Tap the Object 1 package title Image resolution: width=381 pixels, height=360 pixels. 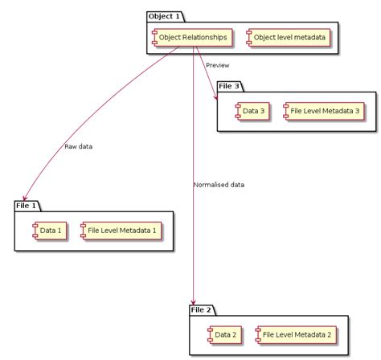[x=166, y=16]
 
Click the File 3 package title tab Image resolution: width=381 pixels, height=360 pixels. [x=230, y=86]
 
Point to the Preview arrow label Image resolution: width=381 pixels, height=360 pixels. [x=218, y=65]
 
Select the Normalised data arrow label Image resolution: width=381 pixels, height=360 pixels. [x=219, y=185]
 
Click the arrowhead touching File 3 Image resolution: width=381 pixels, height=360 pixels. [x=215, y=96]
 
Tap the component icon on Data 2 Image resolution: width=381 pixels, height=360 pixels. [x=210, y=334]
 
